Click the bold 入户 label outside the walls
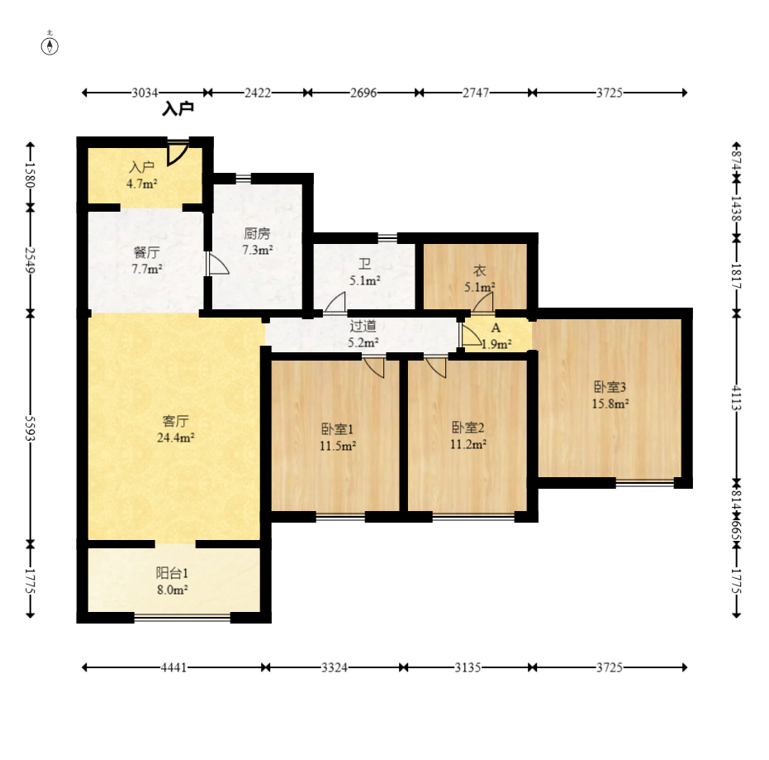coord(178,108)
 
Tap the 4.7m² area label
coord(142,184)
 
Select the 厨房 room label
coord(258,233)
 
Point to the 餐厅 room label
coord(147,252)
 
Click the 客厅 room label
coord(176,421)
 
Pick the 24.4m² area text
coord(176,437)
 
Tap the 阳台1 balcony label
coord(172,573)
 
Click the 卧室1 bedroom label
coord(337,429)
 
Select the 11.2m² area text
coord(468,444)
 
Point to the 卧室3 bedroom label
coord(610,387)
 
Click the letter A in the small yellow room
coord(496,328)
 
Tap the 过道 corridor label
coord(363,326)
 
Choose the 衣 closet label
coord(479,270)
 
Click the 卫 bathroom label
coord(364,264)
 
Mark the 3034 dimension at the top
coord(145,93)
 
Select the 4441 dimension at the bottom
coord(173,667)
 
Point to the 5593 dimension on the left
coord(31,428)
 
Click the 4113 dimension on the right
coord(737,398)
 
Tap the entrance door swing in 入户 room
coord(178,154)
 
